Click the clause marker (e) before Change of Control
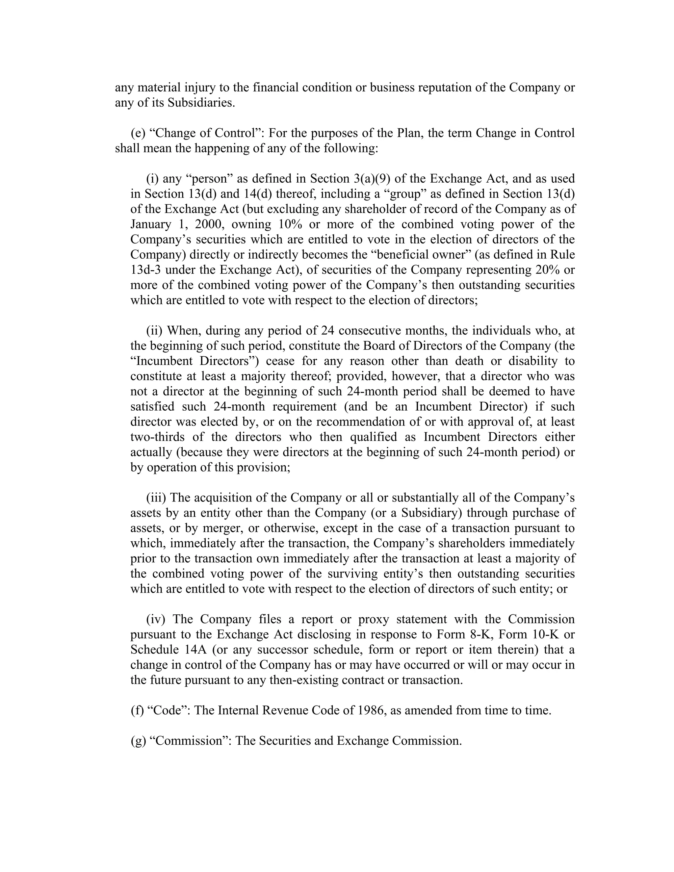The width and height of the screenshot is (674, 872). pyautogui.click(x=138, y=133)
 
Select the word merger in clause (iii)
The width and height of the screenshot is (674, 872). pyautogui.click(x=223, y=528)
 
